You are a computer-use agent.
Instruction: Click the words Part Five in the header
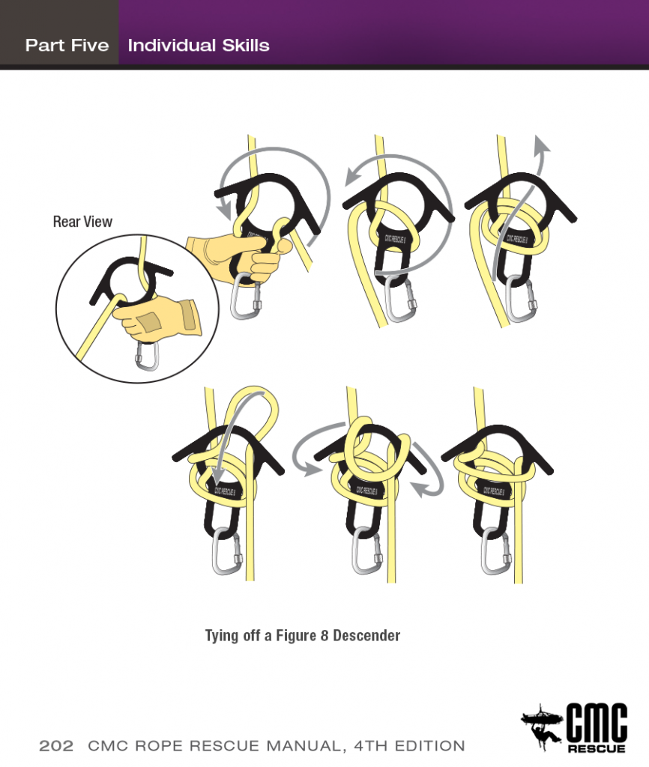click(x=67, y=45)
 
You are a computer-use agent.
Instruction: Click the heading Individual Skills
click(x=199, y=45)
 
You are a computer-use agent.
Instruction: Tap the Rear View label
click(x=82, y=221)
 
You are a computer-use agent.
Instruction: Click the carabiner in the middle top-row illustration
click(x=398, y=303)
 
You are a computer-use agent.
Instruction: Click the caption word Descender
click(x=366, y=636)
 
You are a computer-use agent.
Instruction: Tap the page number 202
click(x=56, y=746)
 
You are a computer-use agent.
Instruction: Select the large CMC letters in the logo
click(x=596, y=724)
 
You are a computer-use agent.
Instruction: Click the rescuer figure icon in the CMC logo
click(x=540, y=724)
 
